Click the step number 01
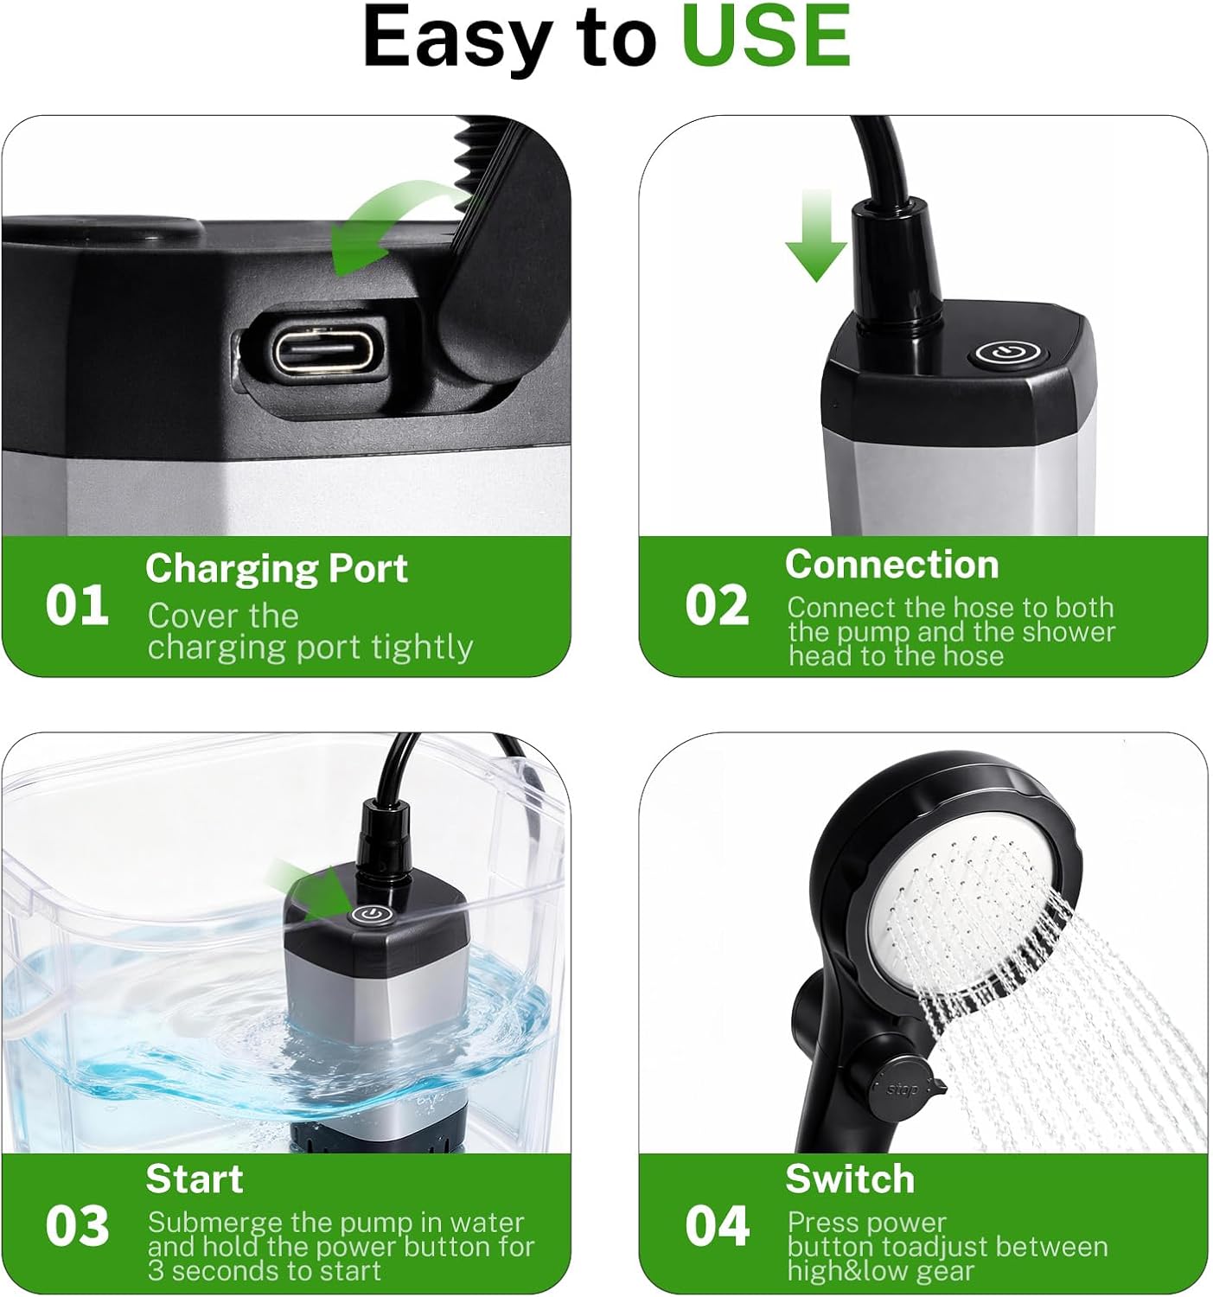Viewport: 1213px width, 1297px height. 77,604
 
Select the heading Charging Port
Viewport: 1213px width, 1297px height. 276,568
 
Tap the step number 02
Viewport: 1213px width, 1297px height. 717,604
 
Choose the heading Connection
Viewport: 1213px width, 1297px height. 891,565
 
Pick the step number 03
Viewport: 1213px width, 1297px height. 77,1225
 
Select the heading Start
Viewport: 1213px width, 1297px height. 195,1179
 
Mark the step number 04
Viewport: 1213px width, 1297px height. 717,1225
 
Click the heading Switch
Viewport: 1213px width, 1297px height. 849,1179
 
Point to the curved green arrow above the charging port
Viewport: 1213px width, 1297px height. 389,225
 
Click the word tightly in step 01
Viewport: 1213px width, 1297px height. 422,647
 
